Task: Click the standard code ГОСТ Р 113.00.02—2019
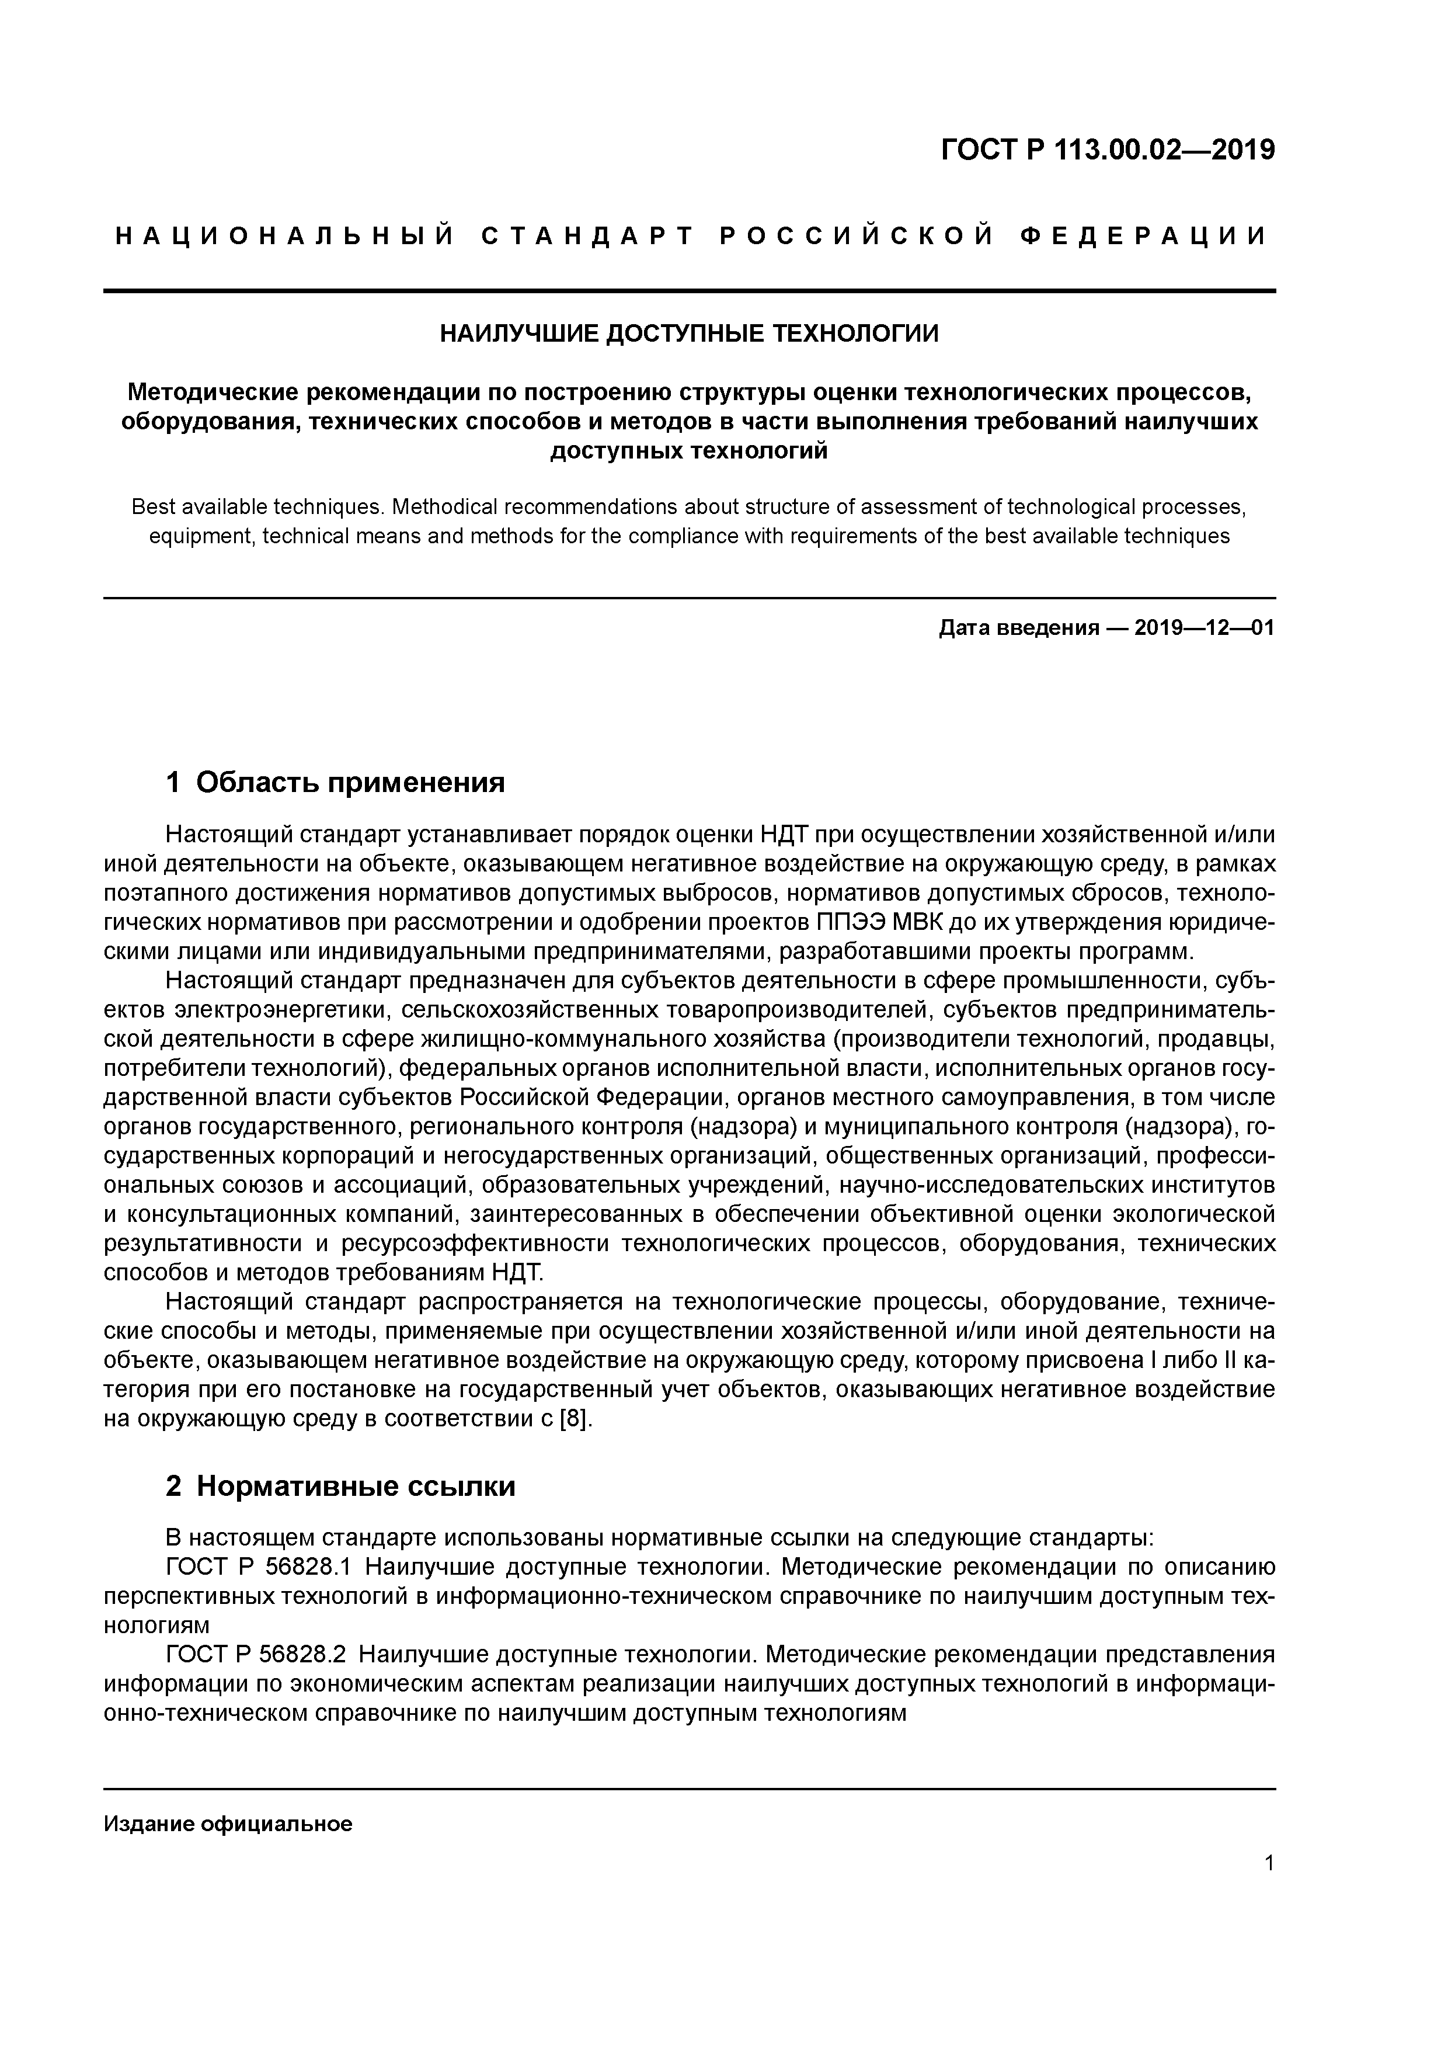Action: (1108, 150)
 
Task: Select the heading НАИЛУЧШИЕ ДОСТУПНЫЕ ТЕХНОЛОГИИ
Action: (690, 334)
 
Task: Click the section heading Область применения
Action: (350, 783)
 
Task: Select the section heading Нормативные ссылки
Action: (356, 1487)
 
